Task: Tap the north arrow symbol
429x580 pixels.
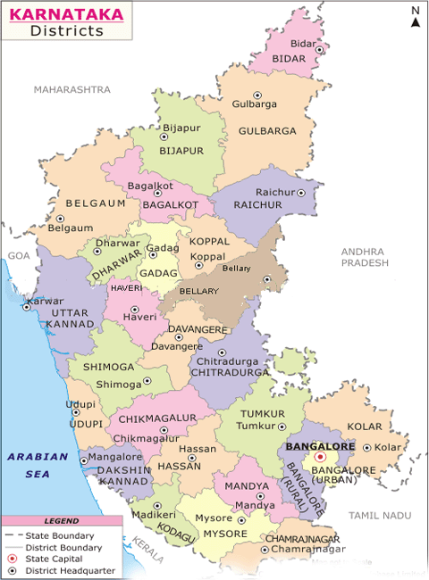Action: [x=416, y=18]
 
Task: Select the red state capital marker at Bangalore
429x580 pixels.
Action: [x=320, y=456]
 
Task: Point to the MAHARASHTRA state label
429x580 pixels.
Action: [x=71, y=90]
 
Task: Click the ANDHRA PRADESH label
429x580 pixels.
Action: [x=366, y=258]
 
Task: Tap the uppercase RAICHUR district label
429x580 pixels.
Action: [x=257, y=205]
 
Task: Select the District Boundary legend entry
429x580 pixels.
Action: [x=50, y=546]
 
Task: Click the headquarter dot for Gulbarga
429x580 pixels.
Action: [x=257, y=95]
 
